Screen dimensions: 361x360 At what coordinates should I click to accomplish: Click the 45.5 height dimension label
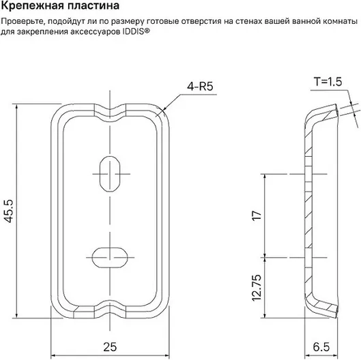tap(9, 211)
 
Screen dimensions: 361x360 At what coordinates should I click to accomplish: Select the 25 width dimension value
tap(110, 346)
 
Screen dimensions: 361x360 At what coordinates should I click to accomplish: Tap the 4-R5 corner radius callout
tap(200, 87)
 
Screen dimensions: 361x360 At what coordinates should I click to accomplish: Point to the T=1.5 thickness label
tap(328, 82)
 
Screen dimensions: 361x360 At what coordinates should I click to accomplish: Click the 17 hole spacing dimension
tap(257, 215)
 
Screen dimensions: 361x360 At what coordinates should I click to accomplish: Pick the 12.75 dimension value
tap(257, 288)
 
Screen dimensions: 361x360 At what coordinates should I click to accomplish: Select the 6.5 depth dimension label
tap(321, 346)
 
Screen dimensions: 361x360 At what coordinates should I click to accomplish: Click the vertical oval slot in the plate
tap(110, 174)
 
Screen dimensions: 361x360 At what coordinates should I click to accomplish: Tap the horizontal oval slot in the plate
tap(110, 258)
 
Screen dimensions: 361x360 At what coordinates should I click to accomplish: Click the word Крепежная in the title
tap(32, 5)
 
